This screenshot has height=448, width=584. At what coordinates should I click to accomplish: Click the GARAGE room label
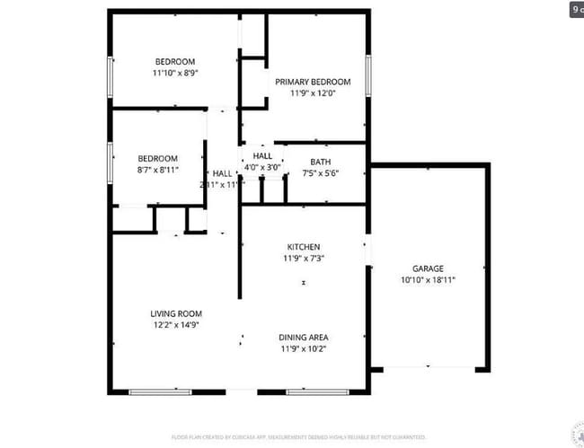428,268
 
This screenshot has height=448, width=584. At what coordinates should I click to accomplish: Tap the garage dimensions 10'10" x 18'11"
428,280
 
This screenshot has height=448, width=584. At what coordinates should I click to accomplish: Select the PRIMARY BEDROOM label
313,82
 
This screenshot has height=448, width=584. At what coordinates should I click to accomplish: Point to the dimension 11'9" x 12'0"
313,92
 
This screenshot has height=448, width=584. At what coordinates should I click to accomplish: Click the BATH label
320,162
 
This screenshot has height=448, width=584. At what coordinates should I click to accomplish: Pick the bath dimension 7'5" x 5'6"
320,173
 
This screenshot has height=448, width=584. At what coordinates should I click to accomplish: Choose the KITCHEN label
303,247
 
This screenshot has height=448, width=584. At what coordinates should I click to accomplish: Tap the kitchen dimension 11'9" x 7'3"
303,259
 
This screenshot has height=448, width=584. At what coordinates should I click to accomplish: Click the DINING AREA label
303,338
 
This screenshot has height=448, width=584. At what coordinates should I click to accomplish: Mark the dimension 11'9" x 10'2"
303,349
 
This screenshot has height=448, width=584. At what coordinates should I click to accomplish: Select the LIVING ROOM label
175,313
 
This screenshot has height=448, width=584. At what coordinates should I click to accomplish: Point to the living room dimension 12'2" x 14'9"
175,325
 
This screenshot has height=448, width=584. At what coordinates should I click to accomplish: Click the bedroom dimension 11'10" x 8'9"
174,73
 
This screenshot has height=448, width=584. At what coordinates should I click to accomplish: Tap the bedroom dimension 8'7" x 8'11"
157,169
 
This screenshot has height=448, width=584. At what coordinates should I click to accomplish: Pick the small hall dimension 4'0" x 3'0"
262,166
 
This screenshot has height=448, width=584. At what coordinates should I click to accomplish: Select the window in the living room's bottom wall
160,391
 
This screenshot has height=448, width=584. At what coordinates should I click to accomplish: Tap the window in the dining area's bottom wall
311,391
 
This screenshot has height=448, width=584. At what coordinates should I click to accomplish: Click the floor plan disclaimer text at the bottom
297,437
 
